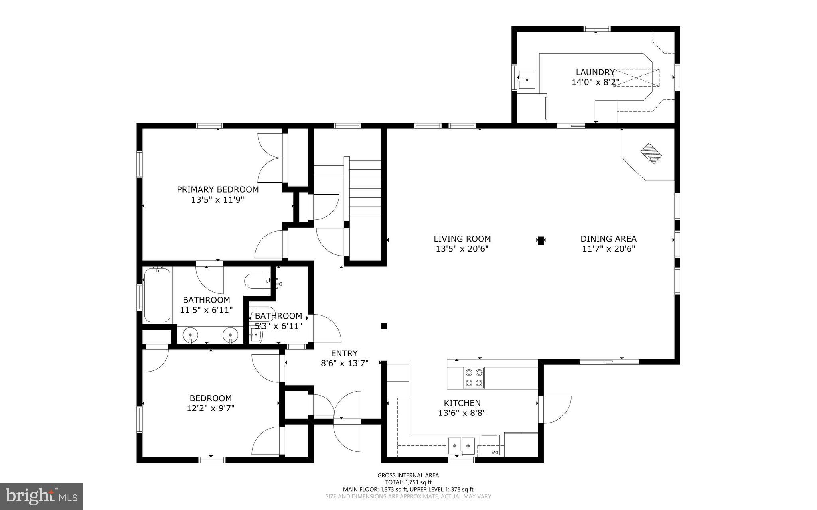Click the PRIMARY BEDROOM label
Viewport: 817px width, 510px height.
click(217, 190)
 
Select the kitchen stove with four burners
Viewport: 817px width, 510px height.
click(474, 378)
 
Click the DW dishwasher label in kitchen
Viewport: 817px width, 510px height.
click(495, 452)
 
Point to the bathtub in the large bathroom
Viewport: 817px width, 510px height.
click(157, 295)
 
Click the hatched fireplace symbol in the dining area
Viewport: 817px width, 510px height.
click(651, 154)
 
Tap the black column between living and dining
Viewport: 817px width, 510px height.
click(541, 240)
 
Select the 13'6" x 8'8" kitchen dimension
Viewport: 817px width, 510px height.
click(462, 413)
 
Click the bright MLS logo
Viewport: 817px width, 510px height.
click(41, 496)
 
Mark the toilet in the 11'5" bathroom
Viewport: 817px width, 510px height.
click(257, 281)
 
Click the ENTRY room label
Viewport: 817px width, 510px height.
click(344, 353)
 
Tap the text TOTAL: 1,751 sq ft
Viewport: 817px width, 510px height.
click(408, 482)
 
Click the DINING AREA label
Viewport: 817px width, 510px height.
click(608, 239)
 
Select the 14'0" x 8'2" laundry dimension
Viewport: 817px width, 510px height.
click(595, 82)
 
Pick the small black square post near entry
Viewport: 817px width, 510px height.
click(384, 326)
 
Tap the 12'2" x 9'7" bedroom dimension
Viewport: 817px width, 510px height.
click(210, 408)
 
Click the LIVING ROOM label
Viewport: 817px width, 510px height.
click(462, 239)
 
